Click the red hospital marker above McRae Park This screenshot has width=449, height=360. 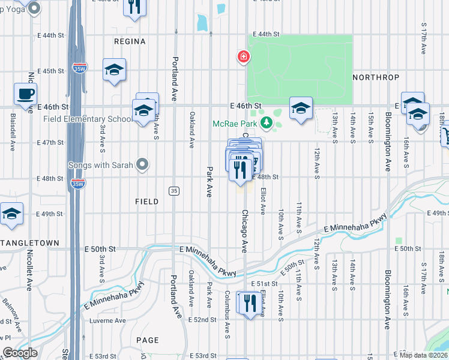pyautogui.click(x=244, y=57)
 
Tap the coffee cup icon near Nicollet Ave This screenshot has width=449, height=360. pyautogui.click(x=25, y=95)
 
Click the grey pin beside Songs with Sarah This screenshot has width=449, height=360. pyautogui.click(x=142, y=164)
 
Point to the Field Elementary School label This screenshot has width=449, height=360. pyautogui.click(x=88, y=119)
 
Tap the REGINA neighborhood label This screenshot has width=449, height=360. pyautogui.click(x=130, y=41)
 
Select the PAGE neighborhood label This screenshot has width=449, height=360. pyautogui.click(x=147, y=340)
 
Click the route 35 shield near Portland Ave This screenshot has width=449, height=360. pyautogui.click(x=173, y=191)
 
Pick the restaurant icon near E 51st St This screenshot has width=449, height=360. pyautogui.click(x=247, y=302)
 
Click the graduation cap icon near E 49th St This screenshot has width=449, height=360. pyautogui.click(x=11, y=214)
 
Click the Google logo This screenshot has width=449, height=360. pyautogui.click(x=20, y=353)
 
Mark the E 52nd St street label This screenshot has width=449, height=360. pyautogui.click(x=202, y=320)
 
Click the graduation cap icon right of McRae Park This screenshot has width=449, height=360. pyautogui.click(x=301, y=109)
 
